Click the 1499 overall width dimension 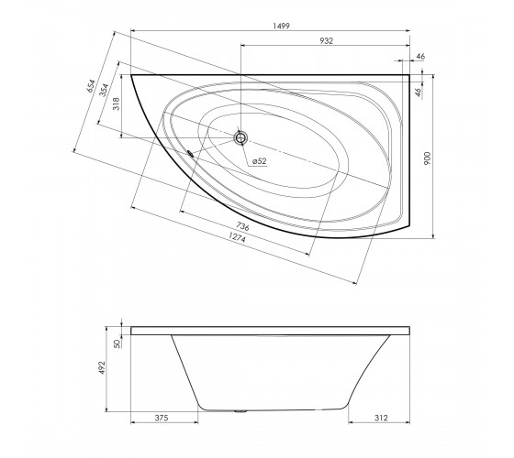coord(282,26)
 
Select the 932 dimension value coord(326,41)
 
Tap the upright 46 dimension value coord(420,57)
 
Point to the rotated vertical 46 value coord(418,93)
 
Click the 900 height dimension coord(428,158)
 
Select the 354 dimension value coord(104,91)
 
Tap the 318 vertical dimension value coord(117,104)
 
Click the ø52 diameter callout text coord(260,161)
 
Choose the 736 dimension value coord(242,226)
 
